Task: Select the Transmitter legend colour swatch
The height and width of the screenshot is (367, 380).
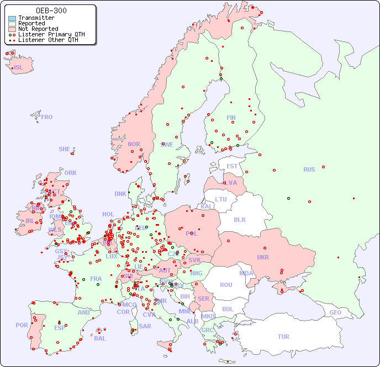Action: (x=12, y=18)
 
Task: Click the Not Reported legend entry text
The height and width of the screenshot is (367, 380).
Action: (x=38, y=29)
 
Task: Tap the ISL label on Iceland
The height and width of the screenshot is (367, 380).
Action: (x=19, y=68)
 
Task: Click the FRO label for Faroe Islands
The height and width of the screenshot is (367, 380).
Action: (x=47, y=117)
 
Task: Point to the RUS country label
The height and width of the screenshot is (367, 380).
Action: (x=309, y=169)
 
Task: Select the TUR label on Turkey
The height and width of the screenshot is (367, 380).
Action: (x=283, y=337)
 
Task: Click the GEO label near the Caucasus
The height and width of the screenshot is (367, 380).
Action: (x=335, y=312)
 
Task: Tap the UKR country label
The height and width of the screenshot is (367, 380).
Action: (x=262, y=257)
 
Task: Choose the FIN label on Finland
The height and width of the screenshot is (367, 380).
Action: (x=231, y=118)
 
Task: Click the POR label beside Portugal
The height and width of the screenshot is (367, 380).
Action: (x=22, y=325)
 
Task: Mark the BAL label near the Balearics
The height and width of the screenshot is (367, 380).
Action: (x=99, y=338)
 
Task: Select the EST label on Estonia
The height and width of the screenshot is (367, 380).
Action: (x=232, y=166)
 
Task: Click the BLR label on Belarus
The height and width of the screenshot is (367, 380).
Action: (x=239, y=219)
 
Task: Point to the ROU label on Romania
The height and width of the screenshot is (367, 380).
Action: (x=226, y=285)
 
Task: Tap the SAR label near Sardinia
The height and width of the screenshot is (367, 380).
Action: (x=145, y=326)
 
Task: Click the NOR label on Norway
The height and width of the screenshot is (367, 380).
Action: (x=134, y=144)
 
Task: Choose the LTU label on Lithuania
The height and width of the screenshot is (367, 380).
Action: (x=221, y=199)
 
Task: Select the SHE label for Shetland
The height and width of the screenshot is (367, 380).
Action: (x=65, y=149)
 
